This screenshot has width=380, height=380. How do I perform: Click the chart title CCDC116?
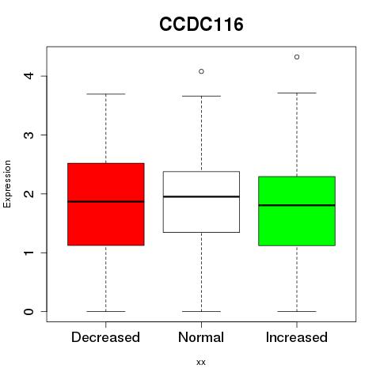click(201, 25)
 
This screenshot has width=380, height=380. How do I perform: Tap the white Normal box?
click(201, 202)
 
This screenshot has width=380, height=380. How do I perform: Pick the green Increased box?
click(297, 211)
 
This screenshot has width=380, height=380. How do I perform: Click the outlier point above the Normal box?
click(201, 71)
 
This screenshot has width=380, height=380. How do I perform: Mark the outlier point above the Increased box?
click(297, 57)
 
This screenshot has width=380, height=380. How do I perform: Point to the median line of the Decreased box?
click(106, 202)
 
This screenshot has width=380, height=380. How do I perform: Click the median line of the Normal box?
click(201, 196)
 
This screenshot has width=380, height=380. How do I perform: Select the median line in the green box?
click(297, 205)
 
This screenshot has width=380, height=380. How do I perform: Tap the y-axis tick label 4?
click(28, 76)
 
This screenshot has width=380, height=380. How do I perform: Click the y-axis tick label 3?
click(28, 135)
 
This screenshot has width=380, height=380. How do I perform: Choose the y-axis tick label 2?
click(28, 194)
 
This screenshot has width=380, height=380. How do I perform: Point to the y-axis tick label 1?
click(28, 253)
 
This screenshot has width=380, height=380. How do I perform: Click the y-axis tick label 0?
click(28, 311)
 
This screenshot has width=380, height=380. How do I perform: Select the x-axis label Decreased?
click(105, 337)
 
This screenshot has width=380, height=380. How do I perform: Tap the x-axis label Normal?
click(201, 337)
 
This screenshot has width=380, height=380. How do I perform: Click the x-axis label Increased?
click(297, 337)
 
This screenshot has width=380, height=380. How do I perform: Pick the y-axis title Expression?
click(7, 184)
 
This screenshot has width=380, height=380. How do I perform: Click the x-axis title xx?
click(201, 363)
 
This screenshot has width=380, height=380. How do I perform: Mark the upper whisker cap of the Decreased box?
click(106, 93)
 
